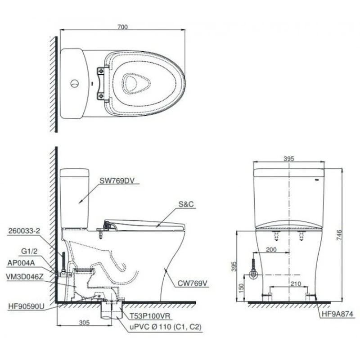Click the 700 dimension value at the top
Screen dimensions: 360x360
point(123,27)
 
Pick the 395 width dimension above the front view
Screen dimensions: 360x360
point(289,158)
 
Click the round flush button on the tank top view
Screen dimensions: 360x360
point(75,83)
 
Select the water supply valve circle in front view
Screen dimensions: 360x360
point(253,274)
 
